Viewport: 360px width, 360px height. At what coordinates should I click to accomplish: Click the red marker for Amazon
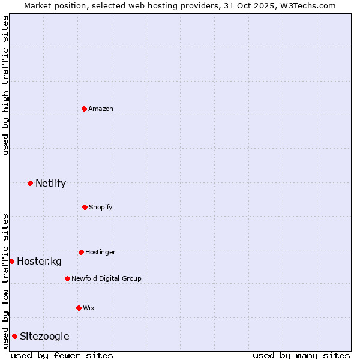click(85, 109)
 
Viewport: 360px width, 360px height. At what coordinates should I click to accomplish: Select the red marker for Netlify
click(30, 183)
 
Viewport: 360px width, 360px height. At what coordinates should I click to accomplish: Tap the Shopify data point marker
click(85, 207)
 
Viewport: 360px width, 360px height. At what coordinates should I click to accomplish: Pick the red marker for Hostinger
click(81, 252)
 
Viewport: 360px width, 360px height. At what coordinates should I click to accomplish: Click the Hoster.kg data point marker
click(11, 261)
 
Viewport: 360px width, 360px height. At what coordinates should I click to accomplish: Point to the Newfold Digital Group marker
click(67, 278)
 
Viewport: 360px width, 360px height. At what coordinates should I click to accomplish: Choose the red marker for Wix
click(79, 308)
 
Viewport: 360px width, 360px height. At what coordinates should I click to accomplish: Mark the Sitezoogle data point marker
click(14, 336)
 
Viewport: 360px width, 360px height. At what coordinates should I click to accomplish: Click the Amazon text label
click(101, 109)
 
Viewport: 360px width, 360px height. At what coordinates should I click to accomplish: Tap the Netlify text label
click(50, 183)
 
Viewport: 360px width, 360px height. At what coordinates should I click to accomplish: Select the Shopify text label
click(101, 207)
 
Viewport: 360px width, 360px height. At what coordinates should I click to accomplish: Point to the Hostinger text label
click(100, 252)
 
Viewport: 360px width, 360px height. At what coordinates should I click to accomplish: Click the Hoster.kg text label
click(39, 261)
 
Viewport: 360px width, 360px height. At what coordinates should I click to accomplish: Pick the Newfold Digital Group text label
click(106, 278)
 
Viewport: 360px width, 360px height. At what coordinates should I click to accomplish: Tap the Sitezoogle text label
click(44, 336)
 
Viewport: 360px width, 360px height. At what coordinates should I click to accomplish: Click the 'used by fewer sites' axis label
click(62, 355)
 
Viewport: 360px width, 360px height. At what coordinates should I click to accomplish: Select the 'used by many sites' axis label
click(301, 355)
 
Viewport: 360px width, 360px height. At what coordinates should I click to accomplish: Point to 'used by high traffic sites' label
click(5, 85)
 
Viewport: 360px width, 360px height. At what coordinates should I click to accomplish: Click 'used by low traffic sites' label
click(5, 280)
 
